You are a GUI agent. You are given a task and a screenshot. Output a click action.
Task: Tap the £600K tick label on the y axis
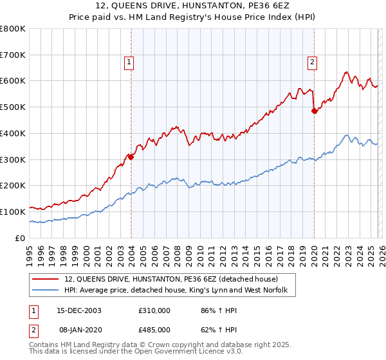click(14, 81)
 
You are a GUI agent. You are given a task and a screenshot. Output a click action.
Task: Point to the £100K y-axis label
click(14, 212)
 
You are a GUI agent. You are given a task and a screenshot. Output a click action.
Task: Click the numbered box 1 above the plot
click(129, 62)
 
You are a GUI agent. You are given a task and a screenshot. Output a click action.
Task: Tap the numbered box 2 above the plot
click(312, 62)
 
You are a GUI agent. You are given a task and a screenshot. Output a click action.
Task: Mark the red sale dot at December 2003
click(131, 156)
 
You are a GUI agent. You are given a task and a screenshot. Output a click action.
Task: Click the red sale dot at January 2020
click(314, 111)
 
